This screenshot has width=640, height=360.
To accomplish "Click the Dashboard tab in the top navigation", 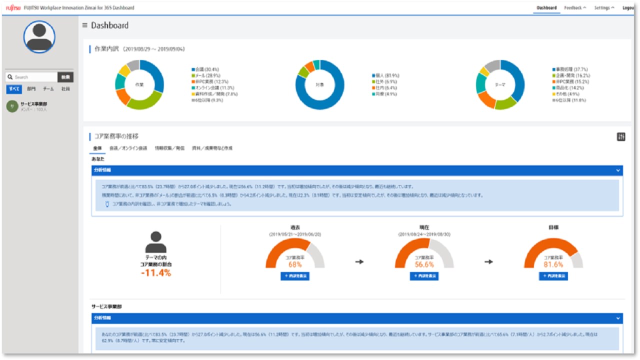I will pos(546,8).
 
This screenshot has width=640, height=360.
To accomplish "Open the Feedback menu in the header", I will pos(574,8).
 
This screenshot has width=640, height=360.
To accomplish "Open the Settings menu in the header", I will pos(604,8).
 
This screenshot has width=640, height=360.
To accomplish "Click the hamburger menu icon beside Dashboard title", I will pos(85,25).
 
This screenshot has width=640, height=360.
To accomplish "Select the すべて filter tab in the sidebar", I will pos(13,89).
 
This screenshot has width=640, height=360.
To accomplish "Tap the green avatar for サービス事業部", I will pos(12,106).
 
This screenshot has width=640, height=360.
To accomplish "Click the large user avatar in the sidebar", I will pos(39,37).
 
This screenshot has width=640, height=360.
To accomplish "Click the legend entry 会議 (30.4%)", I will pos(207,69).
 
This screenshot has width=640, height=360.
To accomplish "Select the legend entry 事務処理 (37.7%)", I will pos(570,69).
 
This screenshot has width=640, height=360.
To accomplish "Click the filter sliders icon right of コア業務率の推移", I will pos(621,137).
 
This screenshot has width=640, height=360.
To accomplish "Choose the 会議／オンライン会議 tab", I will pos(128,148).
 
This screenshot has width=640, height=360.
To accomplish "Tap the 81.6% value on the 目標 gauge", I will pos(553,264).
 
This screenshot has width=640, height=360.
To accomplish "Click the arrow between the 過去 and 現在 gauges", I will pos(359,261).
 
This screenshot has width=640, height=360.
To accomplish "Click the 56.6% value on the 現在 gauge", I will pos(424,264).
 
